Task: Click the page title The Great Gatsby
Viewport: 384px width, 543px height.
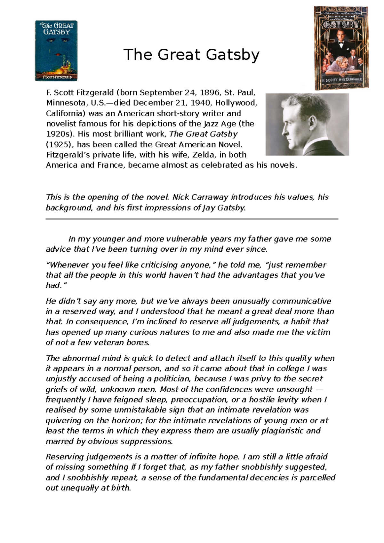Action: [191, 55]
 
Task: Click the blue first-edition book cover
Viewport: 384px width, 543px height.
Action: [56, 51]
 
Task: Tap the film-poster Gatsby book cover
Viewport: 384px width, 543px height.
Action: [341, 48]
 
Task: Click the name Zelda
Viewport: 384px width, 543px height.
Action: [204, 155]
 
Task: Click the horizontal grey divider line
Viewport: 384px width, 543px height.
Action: [192, 219]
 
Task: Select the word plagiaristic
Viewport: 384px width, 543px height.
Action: [283, 431]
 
